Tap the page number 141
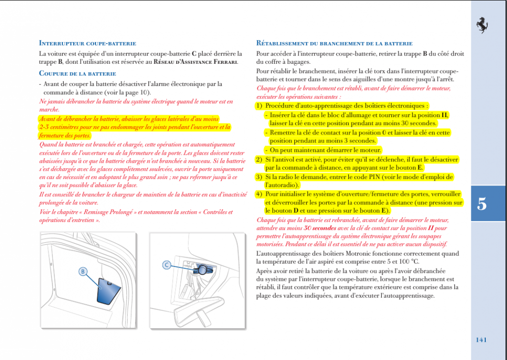point(481,339)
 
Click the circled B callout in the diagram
point(83,271)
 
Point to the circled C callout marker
point(167,265)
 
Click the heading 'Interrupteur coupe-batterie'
point(88,43)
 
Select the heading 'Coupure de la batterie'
point(78,74)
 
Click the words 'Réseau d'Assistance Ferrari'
point(195,62)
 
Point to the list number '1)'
point(259,105)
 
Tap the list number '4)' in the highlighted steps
point(259,194)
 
